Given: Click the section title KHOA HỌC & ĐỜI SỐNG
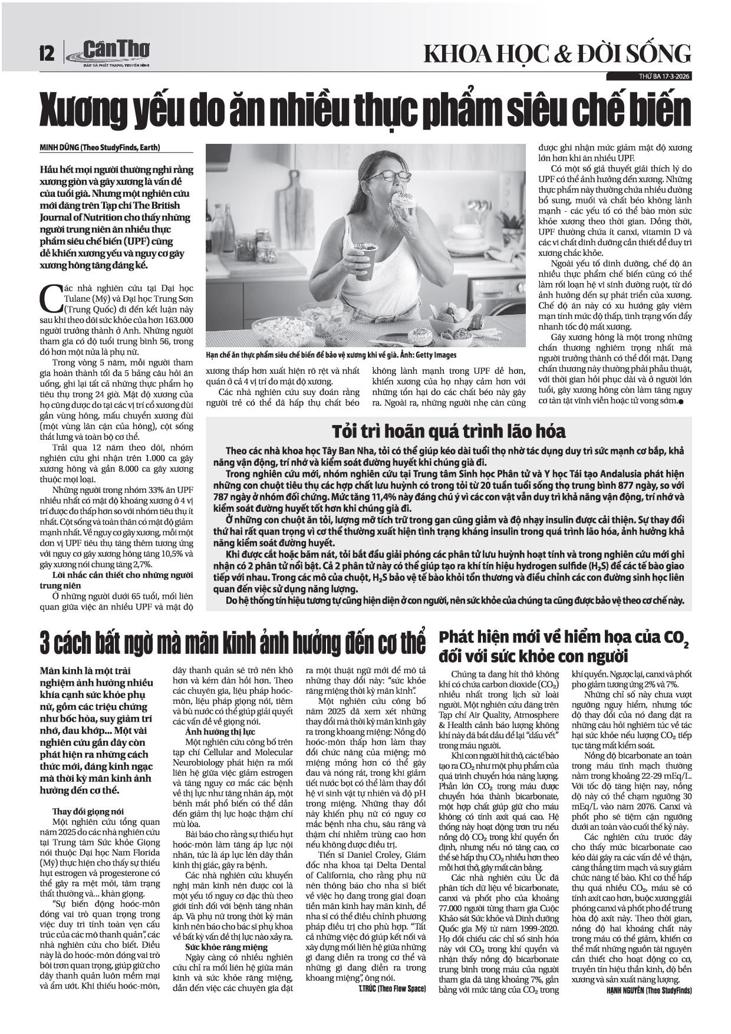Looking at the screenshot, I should pyautogui.click(x=557, y=54).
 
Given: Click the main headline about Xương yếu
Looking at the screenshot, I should pyautogui.click(x=365, y=108).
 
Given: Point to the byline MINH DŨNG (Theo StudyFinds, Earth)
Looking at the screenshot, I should pyautogui.click(x=100, y=148).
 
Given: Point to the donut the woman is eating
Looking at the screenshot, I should pyautogui.click(x=404, y=200).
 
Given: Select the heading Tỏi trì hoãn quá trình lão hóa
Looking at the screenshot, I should pyautogui.click(x=448, y=431).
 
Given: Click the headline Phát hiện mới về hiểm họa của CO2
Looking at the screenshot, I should pyautogui.click(x=564, y=647).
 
